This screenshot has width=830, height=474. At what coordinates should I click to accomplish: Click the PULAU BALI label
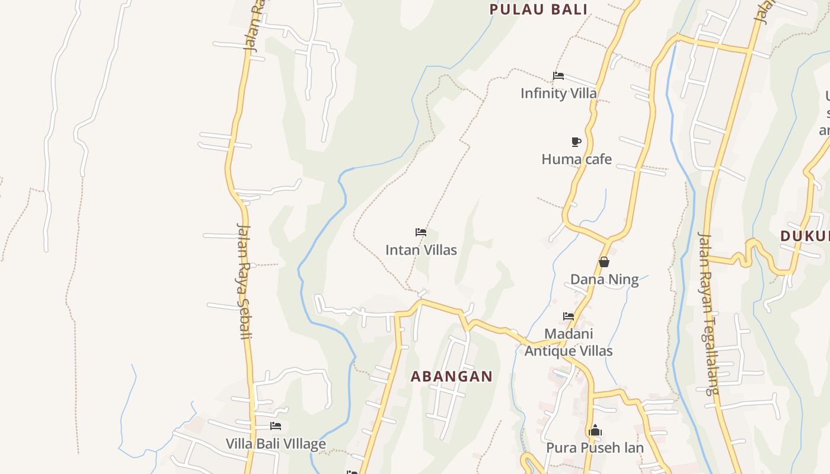[538, 9]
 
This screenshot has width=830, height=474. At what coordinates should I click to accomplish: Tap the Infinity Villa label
[558, 93]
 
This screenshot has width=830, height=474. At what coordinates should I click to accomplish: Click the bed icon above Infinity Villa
[558, 76]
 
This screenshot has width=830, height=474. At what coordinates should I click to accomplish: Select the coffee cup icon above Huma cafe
[576, 142]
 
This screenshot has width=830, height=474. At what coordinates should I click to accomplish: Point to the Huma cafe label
[576, 159]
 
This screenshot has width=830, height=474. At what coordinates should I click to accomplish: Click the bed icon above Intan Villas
[421, 232]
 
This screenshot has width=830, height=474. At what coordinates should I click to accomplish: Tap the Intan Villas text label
[421, 250]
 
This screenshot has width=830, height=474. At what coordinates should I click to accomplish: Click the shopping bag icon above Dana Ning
[604, 262]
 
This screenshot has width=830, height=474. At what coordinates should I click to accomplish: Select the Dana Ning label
[604, 279]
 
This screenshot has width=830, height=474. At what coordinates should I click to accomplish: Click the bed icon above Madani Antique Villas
[569, 316]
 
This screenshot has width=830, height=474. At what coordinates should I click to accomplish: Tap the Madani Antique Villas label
[569, 342]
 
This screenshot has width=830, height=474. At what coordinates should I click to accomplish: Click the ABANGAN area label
[451, 376]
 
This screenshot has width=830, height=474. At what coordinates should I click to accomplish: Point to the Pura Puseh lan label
[595, 447]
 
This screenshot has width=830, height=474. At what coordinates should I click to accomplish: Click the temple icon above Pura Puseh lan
[595, 431]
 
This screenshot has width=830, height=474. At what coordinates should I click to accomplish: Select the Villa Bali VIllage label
[276, 443]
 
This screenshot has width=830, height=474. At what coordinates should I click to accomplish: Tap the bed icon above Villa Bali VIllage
[276, 426]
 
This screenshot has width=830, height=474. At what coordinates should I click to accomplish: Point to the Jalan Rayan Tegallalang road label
[708, 313]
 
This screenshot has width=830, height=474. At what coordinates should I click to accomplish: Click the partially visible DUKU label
[805, 236]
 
